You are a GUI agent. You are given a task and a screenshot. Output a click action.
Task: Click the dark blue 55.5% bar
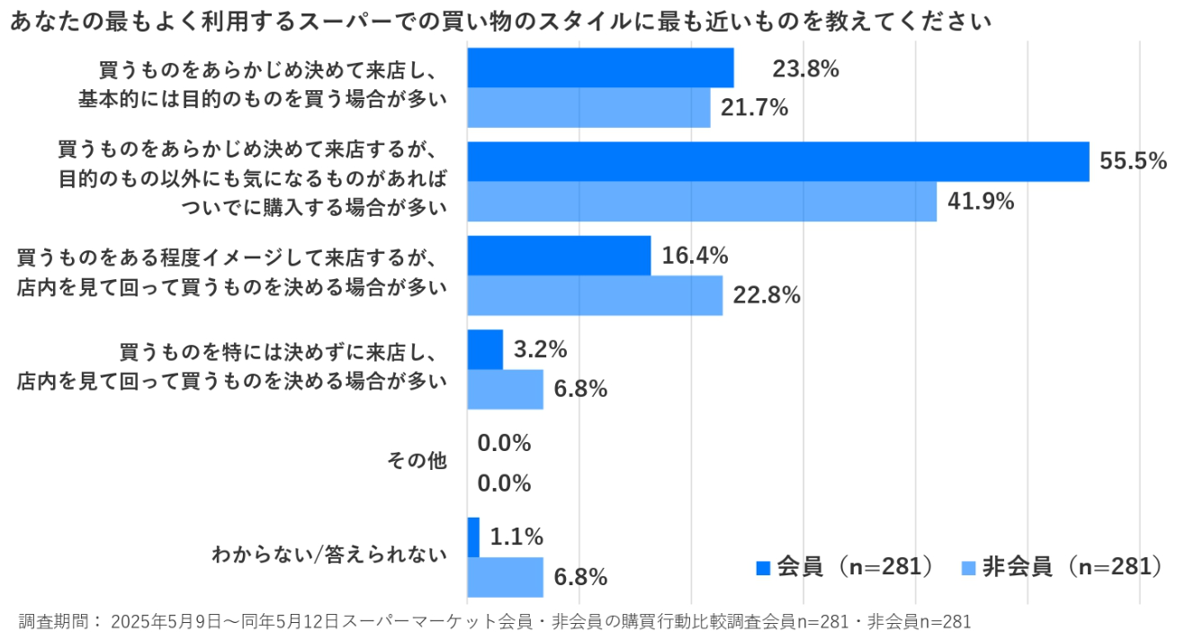pos(778,162)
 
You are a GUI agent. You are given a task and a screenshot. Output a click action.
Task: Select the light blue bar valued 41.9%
pos(702,202)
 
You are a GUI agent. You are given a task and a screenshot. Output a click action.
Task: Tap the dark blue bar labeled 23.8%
pos(600,68)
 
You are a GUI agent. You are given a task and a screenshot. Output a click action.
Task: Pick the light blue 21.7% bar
pos(588,107)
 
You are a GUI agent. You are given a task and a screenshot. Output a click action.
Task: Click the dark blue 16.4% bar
pos(559,256)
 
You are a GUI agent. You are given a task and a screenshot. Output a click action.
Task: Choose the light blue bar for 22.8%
pos(595,295)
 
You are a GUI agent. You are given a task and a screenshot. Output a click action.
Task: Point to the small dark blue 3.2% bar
pos(485,349)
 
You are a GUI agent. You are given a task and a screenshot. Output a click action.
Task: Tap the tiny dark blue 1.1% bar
pos(473,537)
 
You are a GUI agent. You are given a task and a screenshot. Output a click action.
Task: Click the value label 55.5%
pos(1134,162)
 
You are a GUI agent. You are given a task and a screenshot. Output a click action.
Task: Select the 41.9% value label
pos(981,202)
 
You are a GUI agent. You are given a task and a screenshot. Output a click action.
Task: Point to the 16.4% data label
pos(695,256)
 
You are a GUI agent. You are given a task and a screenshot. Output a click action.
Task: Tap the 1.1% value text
pos(516,537)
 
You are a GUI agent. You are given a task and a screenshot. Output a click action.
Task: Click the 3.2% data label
pos(540,349)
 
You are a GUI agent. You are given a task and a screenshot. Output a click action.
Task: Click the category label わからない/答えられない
pos(329,555)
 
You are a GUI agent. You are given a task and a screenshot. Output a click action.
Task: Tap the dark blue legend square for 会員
pos(764,567)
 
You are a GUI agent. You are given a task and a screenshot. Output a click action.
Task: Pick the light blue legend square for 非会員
pos(969,567)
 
